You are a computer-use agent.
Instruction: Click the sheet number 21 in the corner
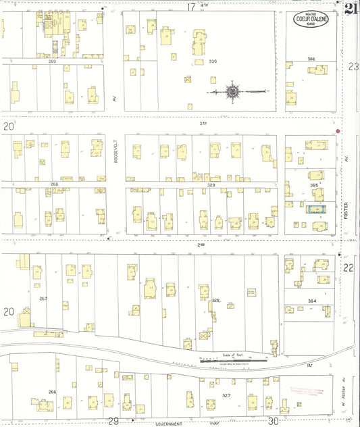[x=350, y=9]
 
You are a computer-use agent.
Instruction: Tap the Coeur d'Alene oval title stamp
[x=311, y=20]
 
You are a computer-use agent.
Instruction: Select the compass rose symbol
[x=233, y=91]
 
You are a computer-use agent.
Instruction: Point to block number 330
[x=213, y=61]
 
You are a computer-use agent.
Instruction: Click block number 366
[x=311, y=59]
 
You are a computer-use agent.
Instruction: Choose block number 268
[x=54, y=184]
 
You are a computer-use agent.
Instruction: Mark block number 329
[x=211, y=184]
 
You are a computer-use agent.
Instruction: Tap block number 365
[x=313, y=184]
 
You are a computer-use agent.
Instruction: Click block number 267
[x=43, y=298]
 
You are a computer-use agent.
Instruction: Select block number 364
[x=311, y=300]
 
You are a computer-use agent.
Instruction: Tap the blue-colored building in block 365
[x=316, y=209]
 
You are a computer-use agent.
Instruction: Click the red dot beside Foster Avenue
[x=338, y=130]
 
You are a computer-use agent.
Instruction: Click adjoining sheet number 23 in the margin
[x=353, y=66]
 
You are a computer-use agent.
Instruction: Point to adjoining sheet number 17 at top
[x=191, y=7]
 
